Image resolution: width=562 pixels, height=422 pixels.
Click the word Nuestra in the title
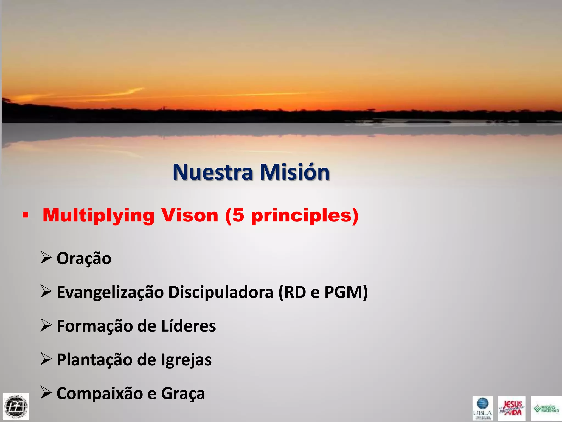pyautogui.click(x=213, y=172)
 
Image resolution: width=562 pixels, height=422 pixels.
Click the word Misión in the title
pyautogui.click(x=294, y=172)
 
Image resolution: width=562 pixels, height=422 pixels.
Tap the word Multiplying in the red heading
pyautogui.click(x=99, y=215)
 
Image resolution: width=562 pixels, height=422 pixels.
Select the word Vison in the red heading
pyautogui.click(x=189, y=215)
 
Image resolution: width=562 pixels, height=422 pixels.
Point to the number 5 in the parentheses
pyautogui.click(x=238, y=215)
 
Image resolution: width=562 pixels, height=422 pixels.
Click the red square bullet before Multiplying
pyautogui.click(x=26, y=215)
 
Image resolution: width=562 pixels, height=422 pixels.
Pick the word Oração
pyautogui.click(x=84, y=259)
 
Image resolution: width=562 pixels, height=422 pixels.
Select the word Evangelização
pyautogui.click(x=110, y=292)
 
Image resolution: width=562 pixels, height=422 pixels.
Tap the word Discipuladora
pyautogui.click(x=221, y=292)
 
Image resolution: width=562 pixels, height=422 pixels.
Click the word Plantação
pyautogui.click(x=94, y=360)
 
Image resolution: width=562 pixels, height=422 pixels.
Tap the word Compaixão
pyautogui.click(x=100, y=393)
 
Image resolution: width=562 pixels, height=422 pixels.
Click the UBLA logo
pyautogui.click(x=482, y=408)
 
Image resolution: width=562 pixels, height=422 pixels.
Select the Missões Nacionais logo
pyautogui.click(x=546, y=408)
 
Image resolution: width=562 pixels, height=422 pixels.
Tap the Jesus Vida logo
pyautogui.click(x=512, y=408)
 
